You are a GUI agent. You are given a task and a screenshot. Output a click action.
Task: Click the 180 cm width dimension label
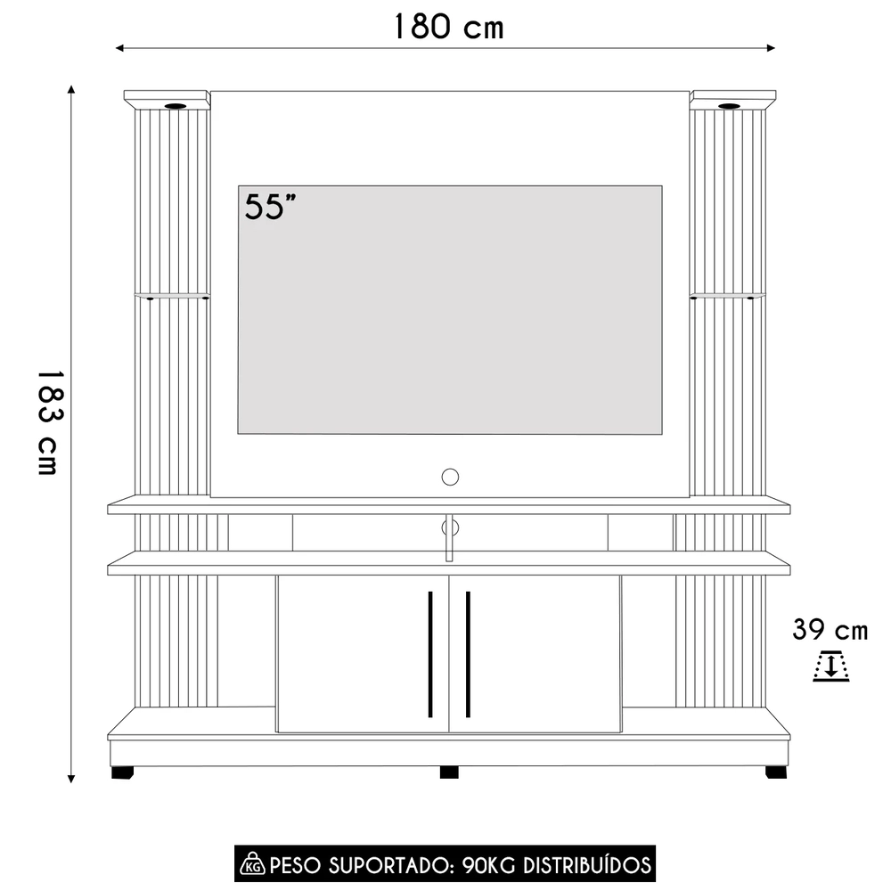click(448, 27)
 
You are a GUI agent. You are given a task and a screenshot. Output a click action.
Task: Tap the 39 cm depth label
click(830, 630)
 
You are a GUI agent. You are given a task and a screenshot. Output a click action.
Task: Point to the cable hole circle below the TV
click(450, 476)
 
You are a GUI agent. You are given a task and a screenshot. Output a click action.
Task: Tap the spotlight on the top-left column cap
click(175, 106)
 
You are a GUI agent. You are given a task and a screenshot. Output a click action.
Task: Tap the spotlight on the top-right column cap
click(729, 106)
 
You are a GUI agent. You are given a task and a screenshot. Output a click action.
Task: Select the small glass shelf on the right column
click(726, 295)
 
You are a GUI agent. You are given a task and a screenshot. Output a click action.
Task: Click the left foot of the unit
click(122, 772)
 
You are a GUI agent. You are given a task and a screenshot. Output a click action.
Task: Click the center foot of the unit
click(449, 772)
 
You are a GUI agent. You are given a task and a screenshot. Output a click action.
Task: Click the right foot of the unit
click(775, 772)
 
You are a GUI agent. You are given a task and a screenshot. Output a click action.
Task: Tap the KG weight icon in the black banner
click(252, 864)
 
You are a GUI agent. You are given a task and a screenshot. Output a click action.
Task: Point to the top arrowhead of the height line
click(70, 90)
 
